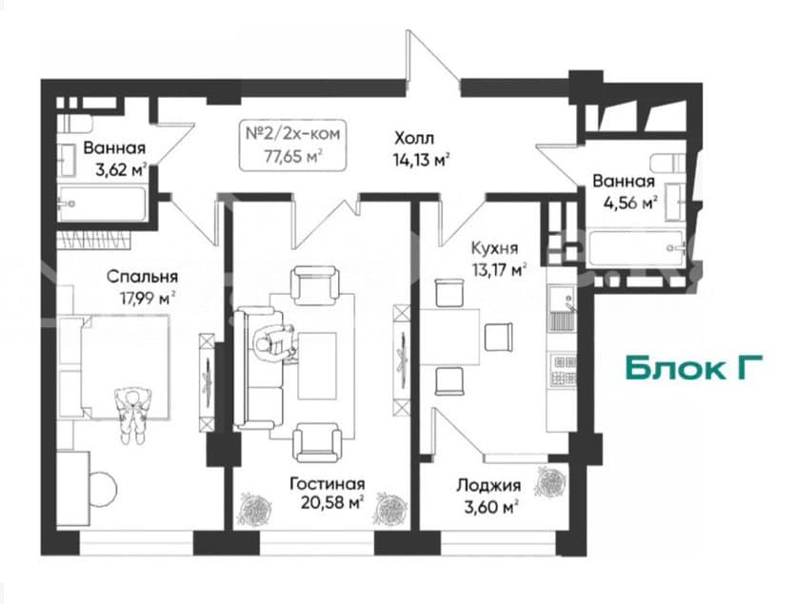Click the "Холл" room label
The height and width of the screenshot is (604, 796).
[x=414, y=138]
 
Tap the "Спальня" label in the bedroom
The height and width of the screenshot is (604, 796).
[x=142, y=277]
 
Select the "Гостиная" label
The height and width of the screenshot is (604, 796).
[x=327, y=483]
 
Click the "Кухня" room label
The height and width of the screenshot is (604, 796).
[x=495, y=248]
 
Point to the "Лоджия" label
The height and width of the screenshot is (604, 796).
[x=488, y=485]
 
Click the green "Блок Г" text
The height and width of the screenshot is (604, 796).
[x=693, y=368]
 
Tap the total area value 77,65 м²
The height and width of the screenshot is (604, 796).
[x=293, y=156]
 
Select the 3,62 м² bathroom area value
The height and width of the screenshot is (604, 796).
[x=121, y=169]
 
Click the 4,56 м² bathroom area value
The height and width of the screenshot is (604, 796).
[x=630, y=203]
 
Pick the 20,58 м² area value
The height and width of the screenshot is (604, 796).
[x=332, y=502]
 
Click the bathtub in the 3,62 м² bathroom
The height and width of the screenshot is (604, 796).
[x=102, y=204]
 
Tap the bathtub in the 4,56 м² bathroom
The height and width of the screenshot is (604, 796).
[x=636, y=248]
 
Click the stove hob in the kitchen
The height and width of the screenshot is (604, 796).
[x=564, y=369]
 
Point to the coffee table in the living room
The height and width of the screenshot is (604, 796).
[x=317, y=365]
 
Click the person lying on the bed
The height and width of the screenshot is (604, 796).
[x=133, y=414]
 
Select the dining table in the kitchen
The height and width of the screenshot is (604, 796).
[x=450, y=337]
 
